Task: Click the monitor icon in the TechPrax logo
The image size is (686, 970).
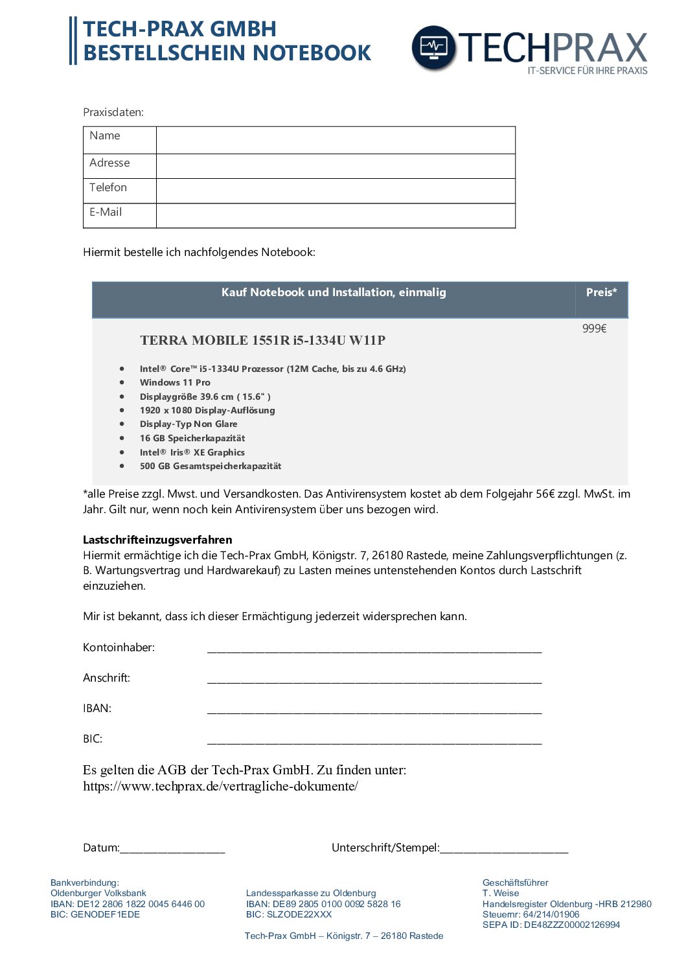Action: (x=433, y=47)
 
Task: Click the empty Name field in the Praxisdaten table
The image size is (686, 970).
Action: (x=336, y=140)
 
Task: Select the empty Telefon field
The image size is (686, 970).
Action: (x=336, y=191)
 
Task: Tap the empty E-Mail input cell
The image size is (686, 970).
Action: (x=336, y=216)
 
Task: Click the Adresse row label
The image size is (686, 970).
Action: (x=109, y=163)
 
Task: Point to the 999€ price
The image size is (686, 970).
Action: (x=594, y=329)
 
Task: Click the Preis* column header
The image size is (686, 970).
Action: (x=601, y=293)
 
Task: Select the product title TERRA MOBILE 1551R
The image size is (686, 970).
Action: (x=262, y=340)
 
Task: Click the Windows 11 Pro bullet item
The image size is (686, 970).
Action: (x=175, y=383)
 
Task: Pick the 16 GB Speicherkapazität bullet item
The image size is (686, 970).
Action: (x=192, y=439)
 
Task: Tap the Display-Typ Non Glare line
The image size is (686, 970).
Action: (x=189, y=424)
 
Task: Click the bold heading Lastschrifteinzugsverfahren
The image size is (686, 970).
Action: (x=157, y=540)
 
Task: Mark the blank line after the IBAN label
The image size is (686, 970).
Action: (x=374, y=711)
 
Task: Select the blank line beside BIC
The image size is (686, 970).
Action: (x=374, y=741)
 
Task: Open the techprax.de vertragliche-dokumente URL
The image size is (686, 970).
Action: (x=220, y=787)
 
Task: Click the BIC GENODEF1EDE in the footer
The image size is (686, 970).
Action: (x=95, y=915)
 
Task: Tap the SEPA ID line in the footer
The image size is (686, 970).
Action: (x=551, y=925)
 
